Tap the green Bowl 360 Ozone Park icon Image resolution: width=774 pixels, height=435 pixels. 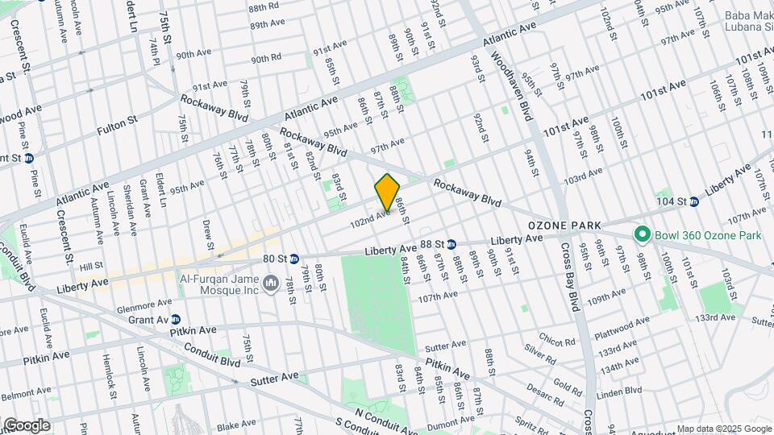point(642,234)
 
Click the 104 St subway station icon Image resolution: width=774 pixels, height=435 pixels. point(694,201)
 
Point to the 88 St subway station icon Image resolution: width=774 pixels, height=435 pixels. point(452,244)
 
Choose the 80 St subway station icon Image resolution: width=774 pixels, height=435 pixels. point(294,259)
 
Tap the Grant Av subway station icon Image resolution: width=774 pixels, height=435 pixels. point(175,320)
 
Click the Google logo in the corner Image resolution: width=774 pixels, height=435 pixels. point(26,425)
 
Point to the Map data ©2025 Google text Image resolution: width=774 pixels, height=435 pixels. point(723,429)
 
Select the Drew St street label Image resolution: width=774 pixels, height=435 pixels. point(207,234)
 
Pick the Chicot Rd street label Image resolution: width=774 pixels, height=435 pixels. point(556,338)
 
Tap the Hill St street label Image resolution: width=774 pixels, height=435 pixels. point(90,265)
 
